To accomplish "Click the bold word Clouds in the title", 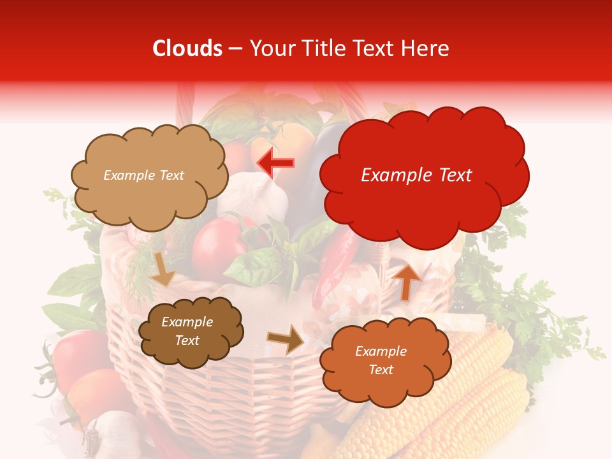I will (x=187, y=48).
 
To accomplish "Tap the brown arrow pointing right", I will (x=286, y=339).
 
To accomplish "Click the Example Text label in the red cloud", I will (x=416, y=175).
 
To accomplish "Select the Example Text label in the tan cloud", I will (x=143, y=175).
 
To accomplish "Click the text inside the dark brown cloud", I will (x=187, y=331).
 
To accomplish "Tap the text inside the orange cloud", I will (x=381, y=360).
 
